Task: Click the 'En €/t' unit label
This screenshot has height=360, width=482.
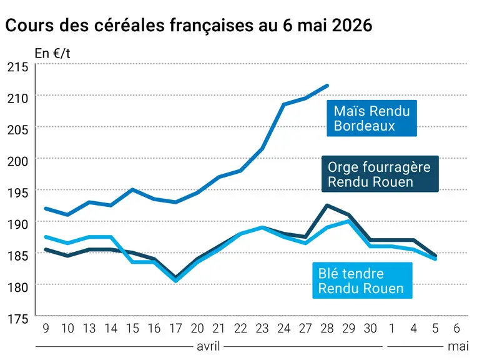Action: tap(52, 54)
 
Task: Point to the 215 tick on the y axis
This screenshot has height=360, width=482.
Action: tap(17, 67)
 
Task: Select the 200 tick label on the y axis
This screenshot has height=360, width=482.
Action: tap(17, 161)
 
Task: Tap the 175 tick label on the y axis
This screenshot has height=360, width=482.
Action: tap(17, 319)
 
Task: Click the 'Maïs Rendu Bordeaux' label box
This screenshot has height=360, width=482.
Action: tap(371, 118)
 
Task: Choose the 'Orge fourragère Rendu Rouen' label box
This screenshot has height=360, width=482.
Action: tap(380, 174)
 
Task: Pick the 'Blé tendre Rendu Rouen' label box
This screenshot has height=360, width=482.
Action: tap(362, 280)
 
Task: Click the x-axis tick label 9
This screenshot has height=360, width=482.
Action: tap(46, 329)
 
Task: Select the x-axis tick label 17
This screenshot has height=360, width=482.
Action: tap(176, 329)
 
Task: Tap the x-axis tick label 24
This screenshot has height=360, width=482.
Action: tap(283, 329)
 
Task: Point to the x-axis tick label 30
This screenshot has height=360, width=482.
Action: tap(370, 329)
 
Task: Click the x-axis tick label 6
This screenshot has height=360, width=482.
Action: tap(457, 329)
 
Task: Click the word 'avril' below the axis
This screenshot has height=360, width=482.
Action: tap(209, 346)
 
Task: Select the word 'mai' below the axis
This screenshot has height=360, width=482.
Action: tap(458, 346)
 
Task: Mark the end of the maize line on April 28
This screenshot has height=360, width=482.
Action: tap(327, 86)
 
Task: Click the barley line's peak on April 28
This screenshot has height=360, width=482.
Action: tap(327, 205)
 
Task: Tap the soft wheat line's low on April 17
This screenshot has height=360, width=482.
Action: tap(176, 281)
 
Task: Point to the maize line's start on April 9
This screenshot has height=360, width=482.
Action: tap(46, 209)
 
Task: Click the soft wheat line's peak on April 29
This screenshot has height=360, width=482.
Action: tap(348, 221)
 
